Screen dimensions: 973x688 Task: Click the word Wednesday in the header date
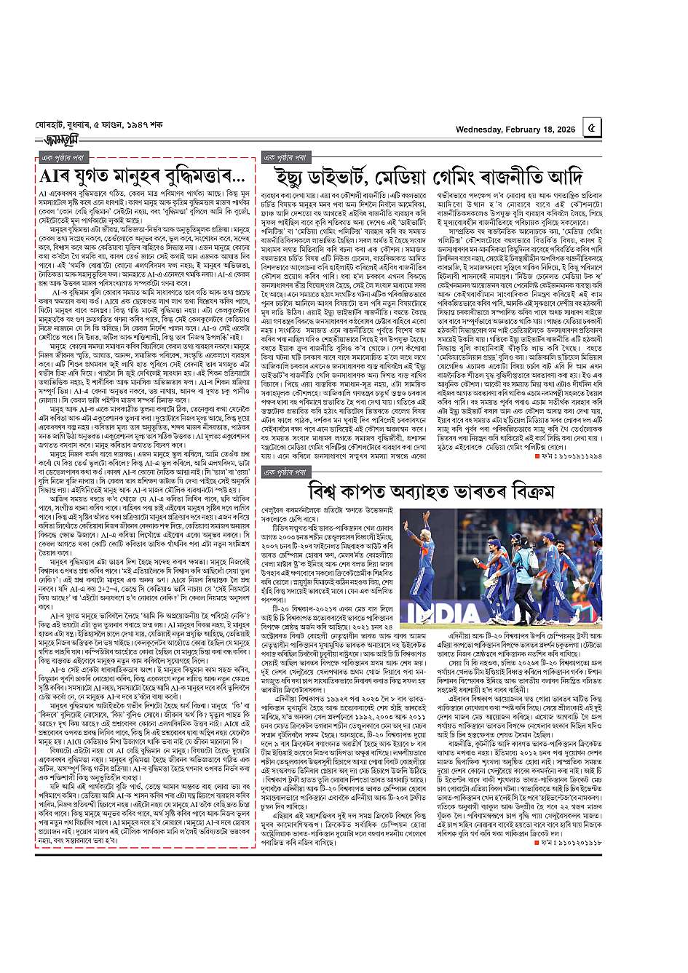487,130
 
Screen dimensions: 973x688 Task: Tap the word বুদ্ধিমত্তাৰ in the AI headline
183,177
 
